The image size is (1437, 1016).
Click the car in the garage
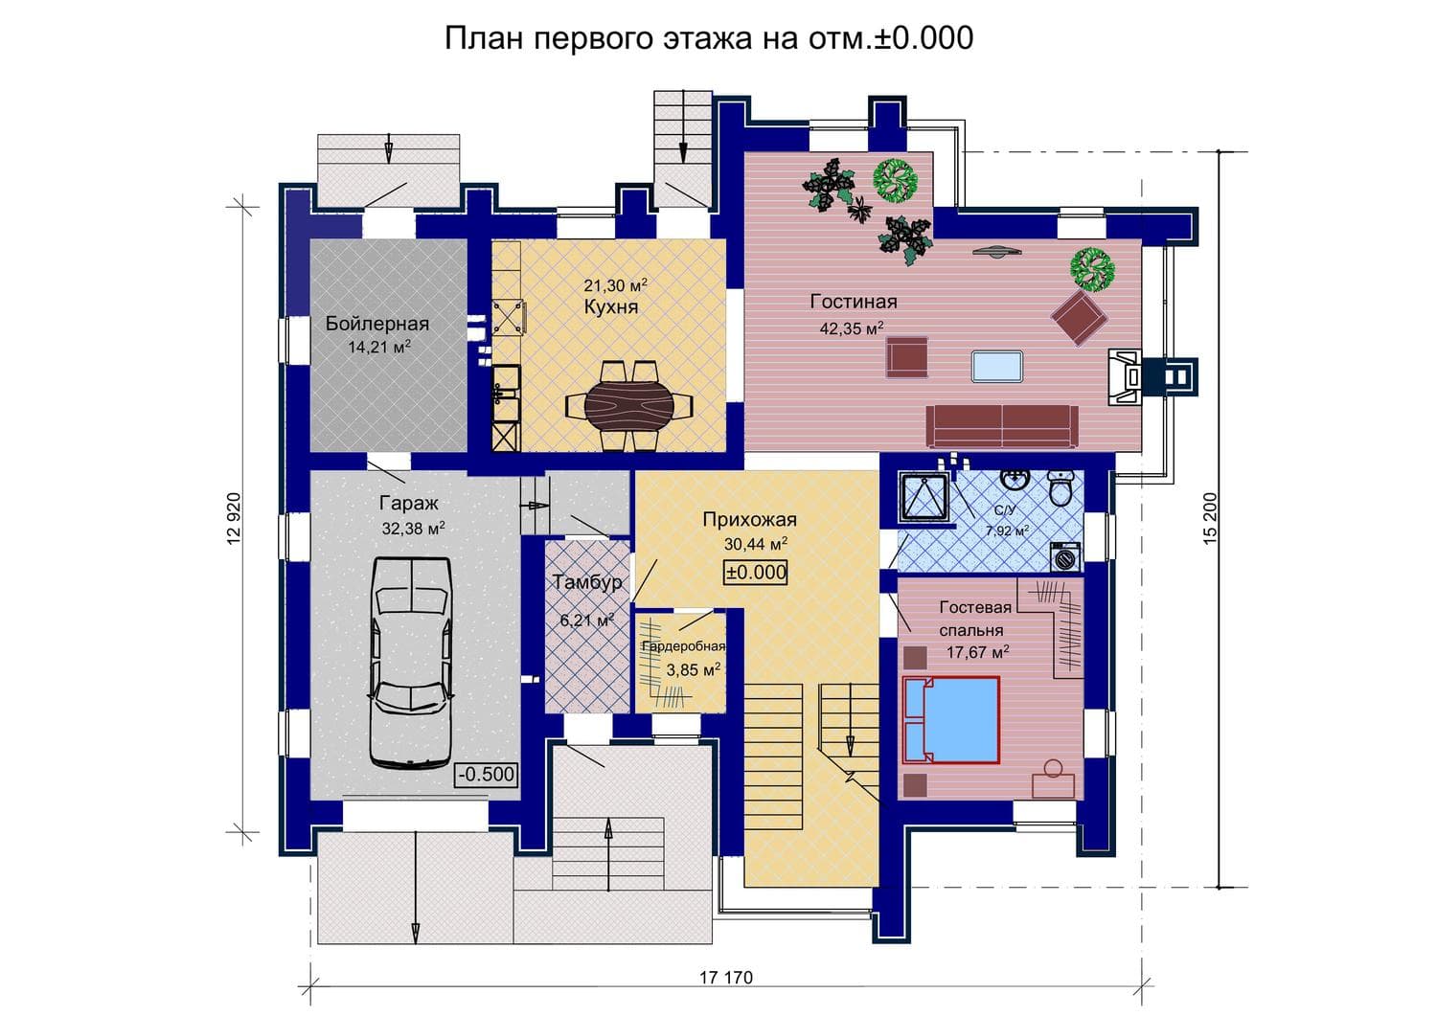tap(411, 663)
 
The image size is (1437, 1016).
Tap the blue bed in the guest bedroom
tap(951, 720)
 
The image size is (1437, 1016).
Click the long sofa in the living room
tap(1002, 426)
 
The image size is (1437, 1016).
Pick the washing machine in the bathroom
tap(1065, 556)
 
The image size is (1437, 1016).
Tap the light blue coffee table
tap(997, 366)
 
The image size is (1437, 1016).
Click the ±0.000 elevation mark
tap(756, 572)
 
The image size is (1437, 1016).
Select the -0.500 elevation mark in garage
tap(487, 774)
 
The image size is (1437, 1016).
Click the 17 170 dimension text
tap(725, 978)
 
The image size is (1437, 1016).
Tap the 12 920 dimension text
tap(234, 518)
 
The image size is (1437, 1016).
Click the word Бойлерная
tap(377, 324)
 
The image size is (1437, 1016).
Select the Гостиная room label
tap(854, 302)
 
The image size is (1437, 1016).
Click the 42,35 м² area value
tap(852, 328)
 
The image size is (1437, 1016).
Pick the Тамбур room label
tap(587, 582)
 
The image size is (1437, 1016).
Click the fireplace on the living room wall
tap(1127, 377)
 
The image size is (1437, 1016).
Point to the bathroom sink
tap(1015, 479)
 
